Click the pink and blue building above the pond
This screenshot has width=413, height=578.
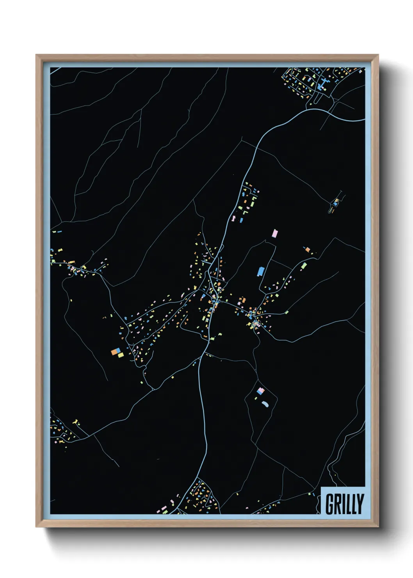261,391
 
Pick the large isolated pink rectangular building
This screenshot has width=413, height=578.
275,234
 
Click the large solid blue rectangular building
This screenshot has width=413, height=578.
260,271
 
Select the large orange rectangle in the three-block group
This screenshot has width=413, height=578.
115,352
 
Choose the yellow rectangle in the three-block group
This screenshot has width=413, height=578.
121,355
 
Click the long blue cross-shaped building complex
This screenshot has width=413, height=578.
323,84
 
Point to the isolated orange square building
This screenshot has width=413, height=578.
308,249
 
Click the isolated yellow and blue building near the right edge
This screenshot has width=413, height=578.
335,203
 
